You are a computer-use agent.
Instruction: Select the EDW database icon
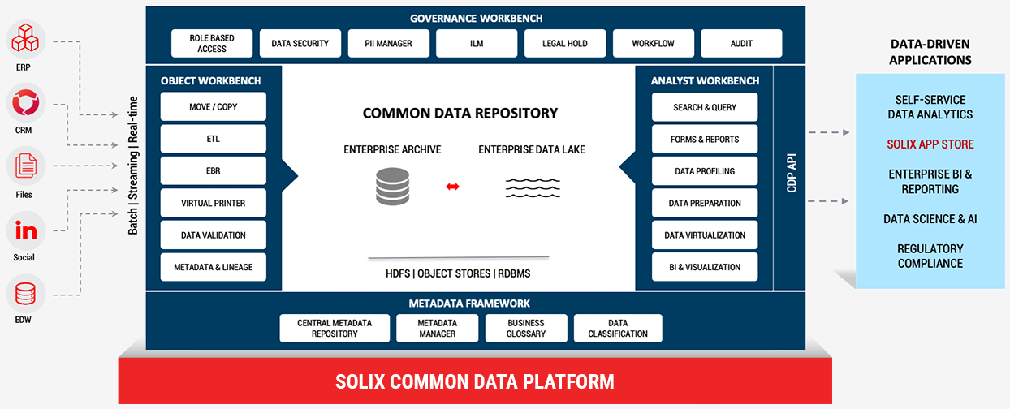click(x=25, y=294)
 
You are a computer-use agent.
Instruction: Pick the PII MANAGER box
click(x=389, y=44)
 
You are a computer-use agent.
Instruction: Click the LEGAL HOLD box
click(x=564, y=44)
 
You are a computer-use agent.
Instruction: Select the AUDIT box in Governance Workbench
click(x=740, y=44)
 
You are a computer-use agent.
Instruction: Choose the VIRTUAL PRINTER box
click(x=214, y=203)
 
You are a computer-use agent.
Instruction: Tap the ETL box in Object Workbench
click(x=214, y=139)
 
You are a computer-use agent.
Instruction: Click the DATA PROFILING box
click(x=705, y=171)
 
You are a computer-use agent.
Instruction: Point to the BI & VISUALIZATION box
click(x=705, y=267)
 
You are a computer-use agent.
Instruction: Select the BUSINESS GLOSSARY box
click(x=525, y=328)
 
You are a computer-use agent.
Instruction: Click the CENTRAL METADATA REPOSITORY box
click(x=334, y=328)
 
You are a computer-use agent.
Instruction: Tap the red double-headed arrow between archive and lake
click(x=452, y=187)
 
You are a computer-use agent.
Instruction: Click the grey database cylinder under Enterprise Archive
click(x=393, y=186)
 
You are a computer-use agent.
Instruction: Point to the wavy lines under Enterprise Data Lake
click(x=532, y=187)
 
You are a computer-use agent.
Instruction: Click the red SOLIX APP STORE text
click(x=930, y=144)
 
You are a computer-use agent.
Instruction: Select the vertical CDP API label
click(x=791, y=174)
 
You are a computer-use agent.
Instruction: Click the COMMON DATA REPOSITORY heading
click(x=460, y=113)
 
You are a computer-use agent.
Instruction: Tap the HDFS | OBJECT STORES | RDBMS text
click(x=458, y=273)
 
